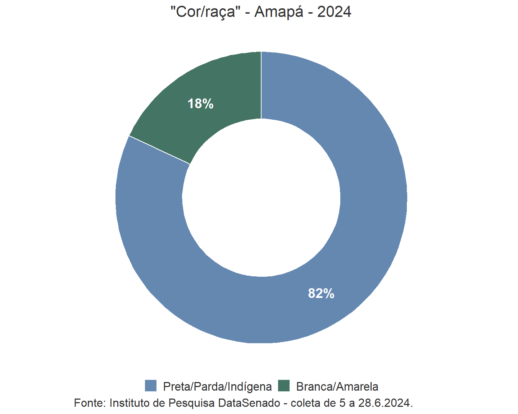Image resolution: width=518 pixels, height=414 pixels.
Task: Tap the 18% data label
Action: tap(200, 104)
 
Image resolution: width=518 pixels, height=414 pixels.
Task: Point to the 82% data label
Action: tap(321, 294)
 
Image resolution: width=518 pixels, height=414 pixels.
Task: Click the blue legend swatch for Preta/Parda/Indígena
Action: tap(151, 386)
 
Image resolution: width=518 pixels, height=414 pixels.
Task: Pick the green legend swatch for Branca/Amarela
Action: tap(284, 386)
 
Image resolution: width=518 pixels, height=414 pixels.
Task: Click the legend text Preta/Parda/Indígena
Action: tap(217, 387)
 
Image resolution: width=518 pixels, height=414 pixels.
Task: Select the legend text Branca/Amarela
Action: tap(337, 387)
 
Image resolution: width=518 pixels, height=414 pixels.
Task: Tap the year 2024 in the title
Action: tap(334, 12)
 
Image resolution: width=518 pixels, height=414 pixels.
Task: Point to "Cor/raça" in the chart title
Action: tap(205, 12)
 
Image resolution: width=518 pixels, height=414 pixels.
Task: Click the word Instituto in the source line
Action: tap(130, 403)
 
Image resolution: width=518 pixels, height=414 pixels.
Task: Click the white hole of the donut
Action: tap(261, 198)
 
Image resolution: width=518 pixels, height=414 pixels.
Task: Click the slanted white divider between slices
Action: tap(159, 150)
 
